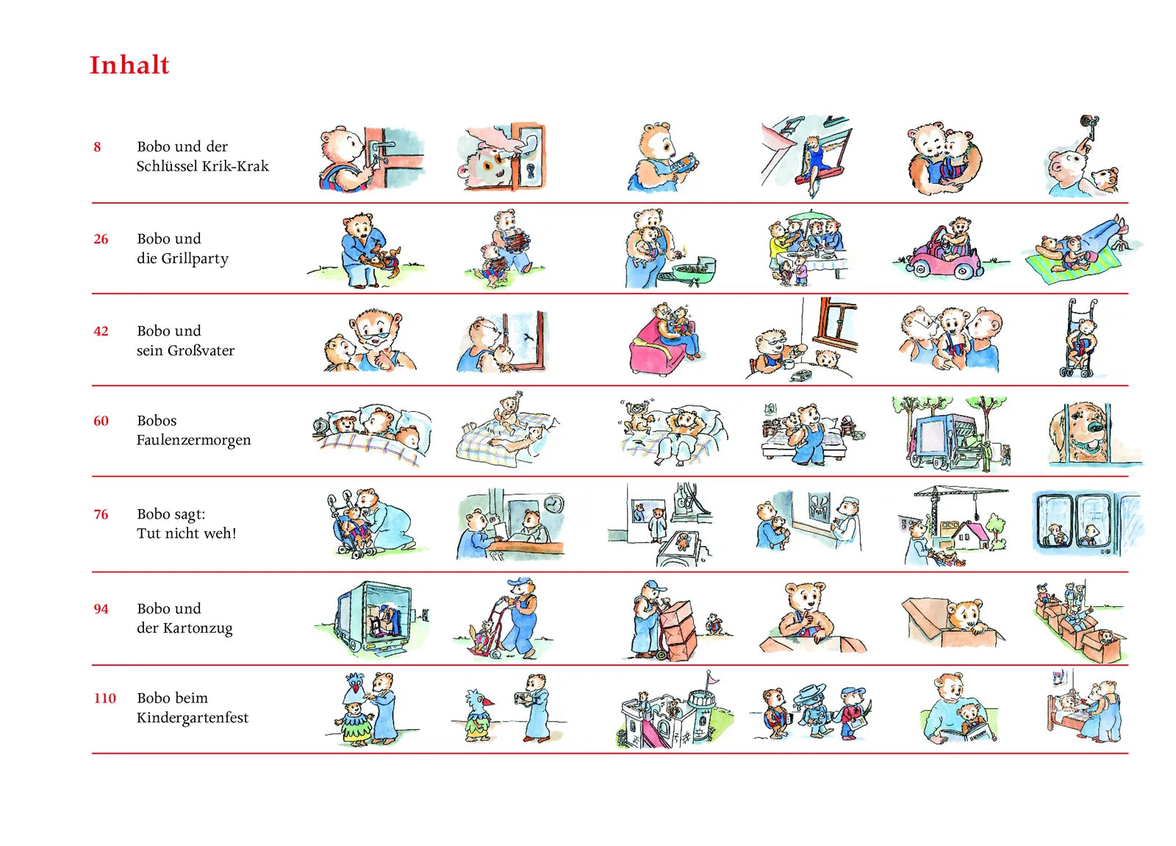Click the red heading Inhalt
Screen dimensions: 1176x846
tap(129, 65)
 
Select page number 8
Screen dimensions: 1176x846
tap(97, 146)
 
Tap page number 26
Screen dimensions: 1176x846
tap(101, 239)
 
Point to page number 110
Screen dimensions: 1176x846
tap(104, 698)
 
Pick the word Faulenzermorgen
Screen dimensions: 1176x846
tap(194, 441)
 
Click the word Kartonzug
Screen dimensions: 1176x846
tap(198, 628)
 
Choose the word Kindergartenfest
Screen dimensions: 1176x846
tap(193, 718)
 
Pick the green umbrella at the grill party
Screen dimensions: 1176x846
tap(809, 216)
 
